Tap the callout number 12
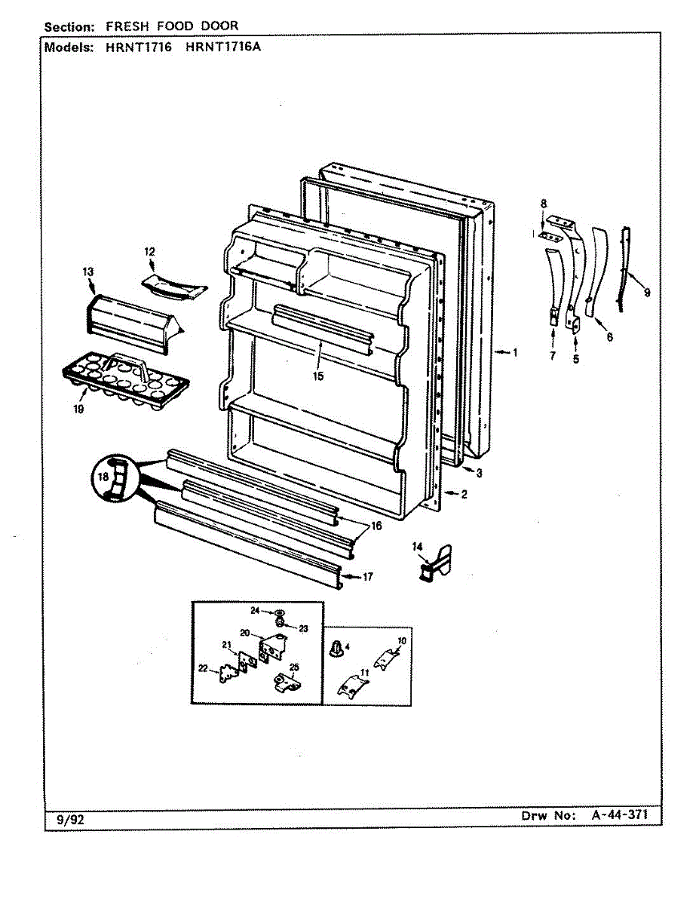149,251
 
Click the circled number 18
103,477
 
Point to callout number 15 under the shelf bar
318,376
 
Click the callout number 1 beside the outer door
515,352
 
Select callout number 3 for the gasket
478,473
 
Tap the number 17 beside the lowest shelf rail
367,577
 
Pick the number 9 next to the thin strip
647,293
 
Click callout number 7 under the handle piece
552,356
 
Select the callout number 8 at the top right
542,203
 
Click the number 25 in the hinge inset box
294,666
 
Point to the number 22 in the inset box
203,667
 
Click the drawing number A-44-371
616,816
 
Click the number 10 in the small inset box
402,640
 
